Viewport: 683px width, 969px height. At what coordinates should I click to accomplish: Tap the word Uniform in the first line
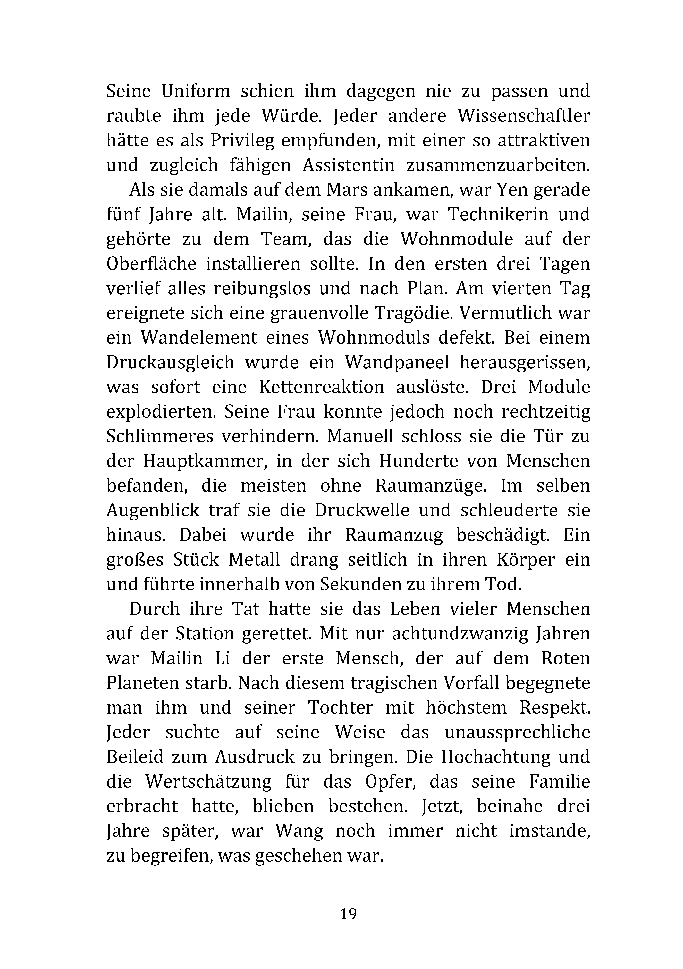[x=195, y=92]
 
